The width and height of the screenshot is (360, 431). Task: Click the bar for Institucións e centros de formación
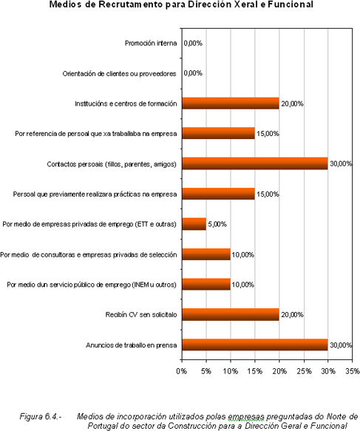coord(231,103)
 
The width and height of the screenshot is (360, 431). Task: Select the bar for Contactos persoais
coord(255,163)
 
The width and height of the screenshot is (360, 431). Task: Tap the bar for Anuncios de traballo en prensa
coord(255,345)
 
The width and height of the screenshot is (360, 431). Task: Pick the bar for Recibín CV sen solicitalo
coord(231,314)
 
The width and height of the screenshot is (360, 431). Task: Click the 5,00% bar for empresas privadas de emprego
coord(194,224)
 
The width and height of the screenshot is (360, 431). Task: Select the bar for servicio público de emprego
coord(206,284)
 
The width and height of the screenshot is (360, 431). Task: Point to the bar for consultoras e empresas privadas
coord(206,254)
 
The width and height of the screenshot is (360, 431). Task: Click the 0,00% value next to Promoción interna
coord(193,43)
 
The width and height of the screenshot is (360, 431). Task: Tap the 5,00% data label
coord(217,224)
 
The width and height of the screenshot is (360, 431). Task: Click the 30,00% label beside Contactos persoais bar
coord(341,164)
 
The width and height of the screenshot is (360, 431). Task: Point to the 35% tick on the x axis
coord(353,371)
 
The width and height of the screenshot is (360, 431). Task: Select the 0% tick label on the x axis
coord(182,371)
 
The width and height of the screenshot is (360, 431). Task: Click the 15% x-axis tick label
coord(255,371)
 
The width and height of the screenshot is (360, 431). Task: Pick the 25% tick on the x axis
coord(304,371)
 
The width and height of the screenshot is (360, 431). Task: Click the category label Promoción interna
coord(151,43)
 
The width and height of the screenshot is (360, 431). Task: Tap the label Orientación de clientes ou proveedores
coord(119,74)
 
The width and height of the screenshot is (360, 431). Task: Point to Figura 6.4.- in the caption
coord(41,417)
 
